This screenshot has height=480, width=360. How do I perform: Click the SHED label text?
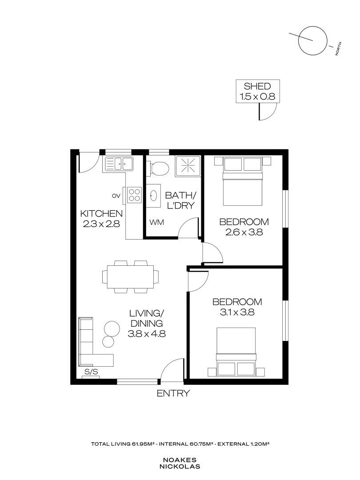click(258, 86)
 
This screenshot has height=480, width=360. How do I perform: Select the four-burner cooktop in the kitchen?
click(135, 194)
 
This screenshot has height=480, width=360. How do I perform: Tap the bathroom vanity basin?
click(154, 195)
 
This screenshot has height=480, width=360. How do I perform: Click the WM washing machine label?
click(155, 222)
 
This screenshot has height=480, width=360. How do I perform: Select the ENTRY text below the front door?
click(173, 393)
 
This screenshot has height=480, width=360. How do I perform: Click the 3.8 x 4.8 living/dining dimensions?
click(147, 334)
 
